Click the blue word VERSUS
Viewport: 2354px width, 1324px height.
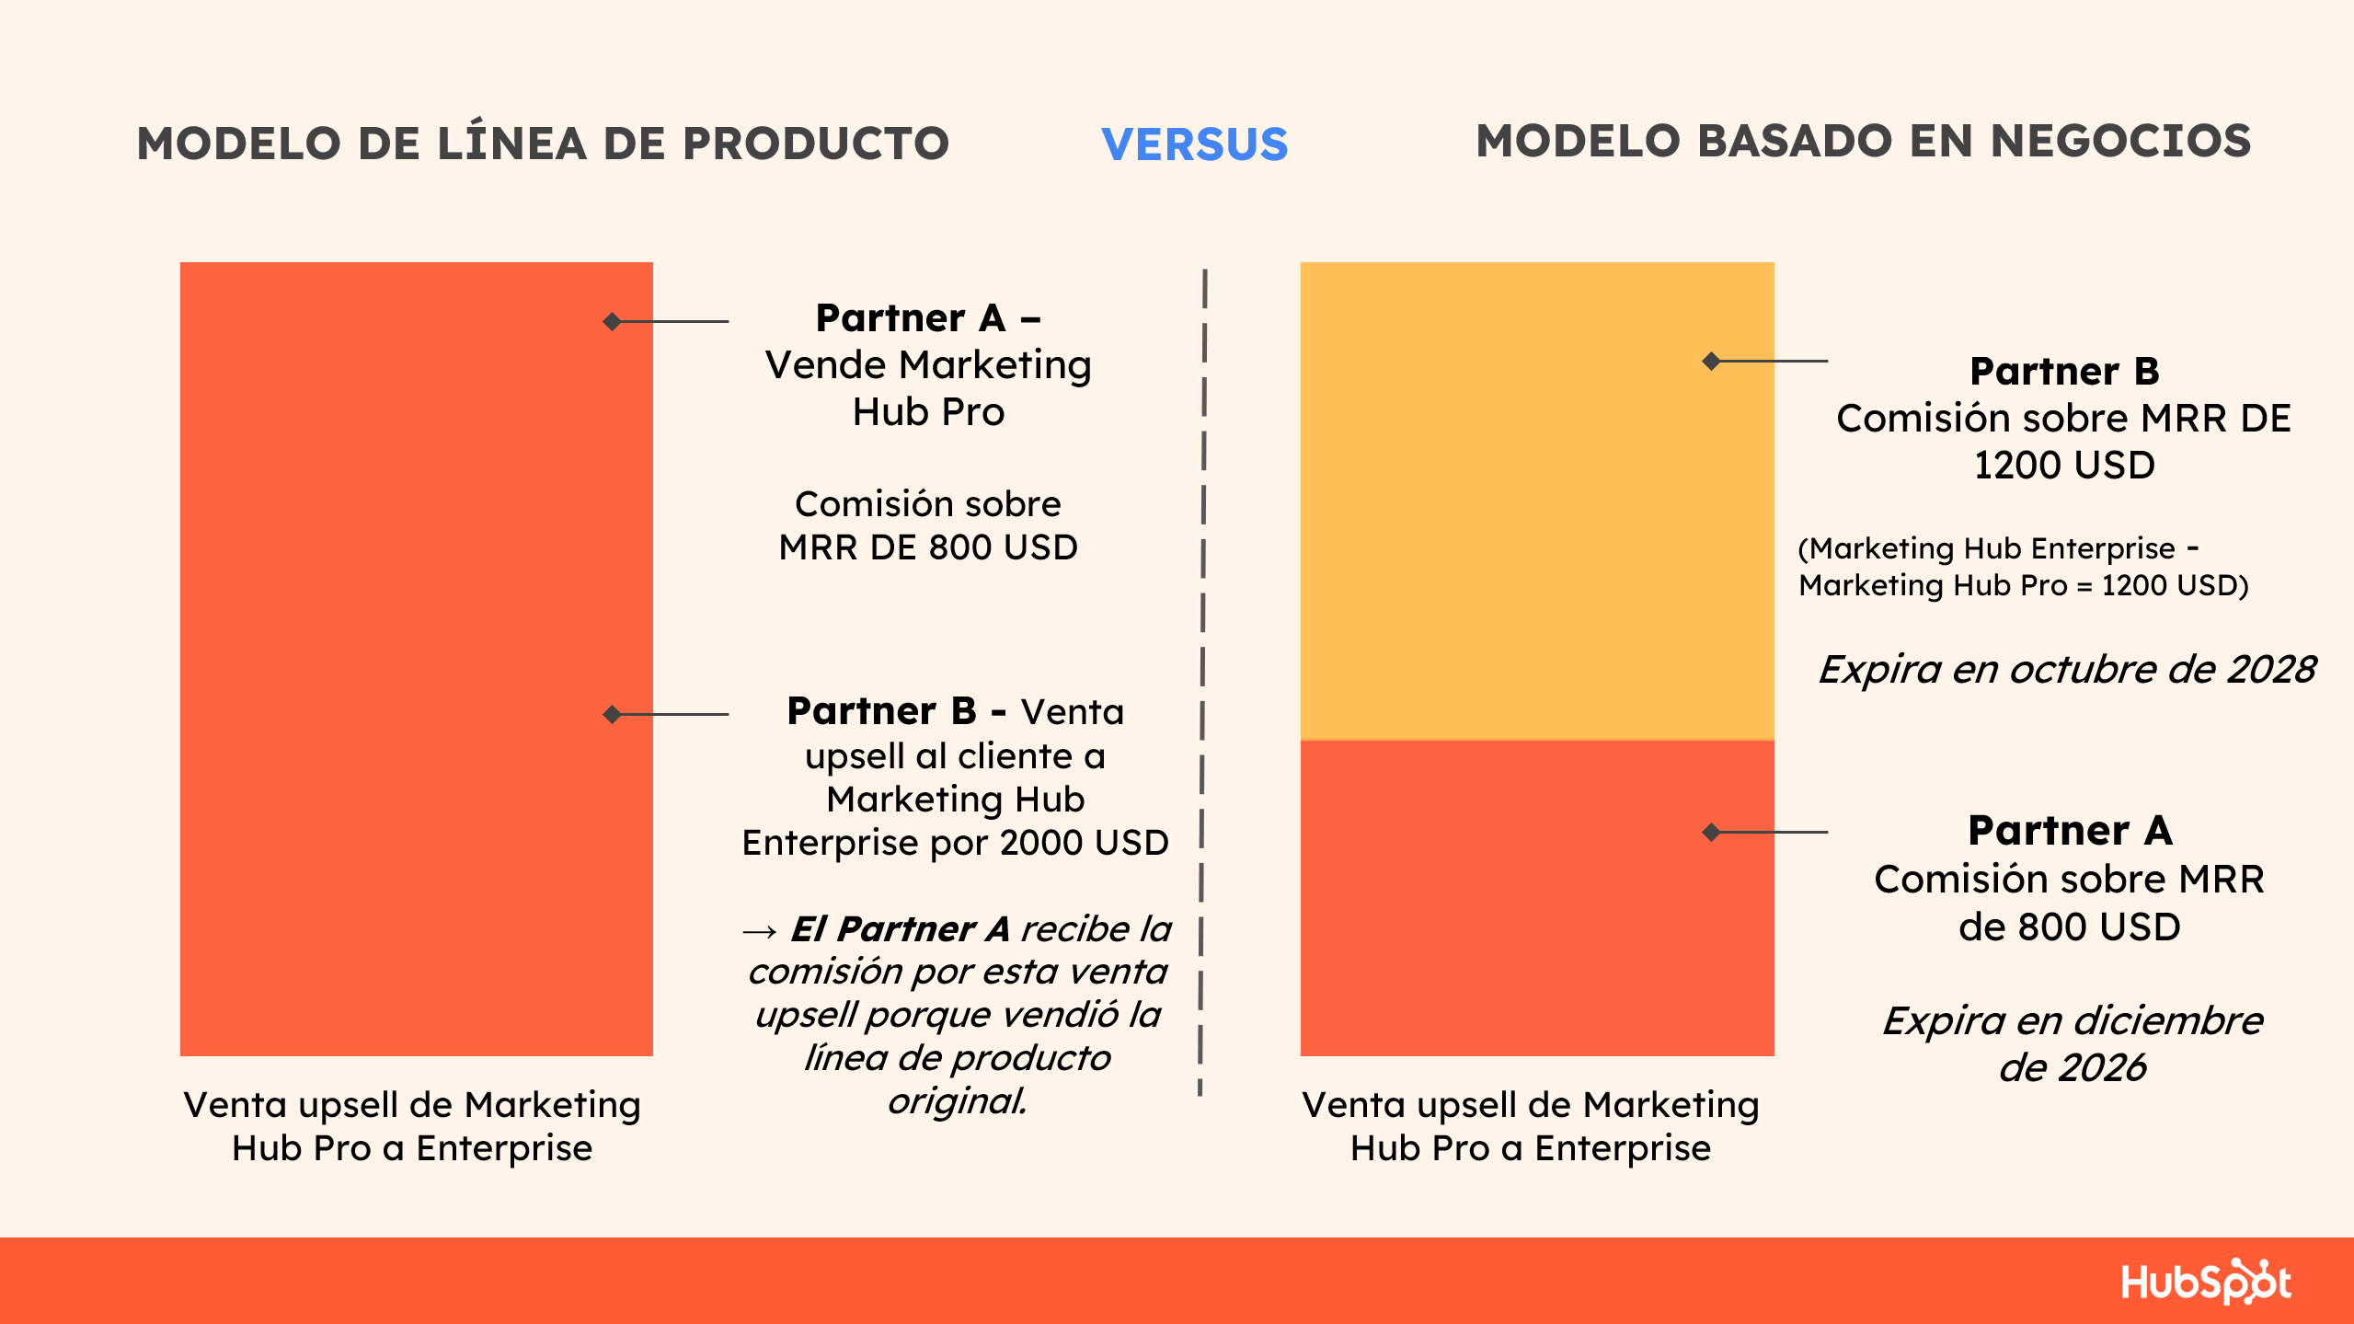click(1194, 144)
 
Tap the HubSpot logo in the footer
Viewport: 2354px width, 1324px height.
click(2206, 1281)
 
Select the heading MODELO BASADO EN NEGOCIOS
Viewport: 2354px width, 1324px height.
click(1863, 141)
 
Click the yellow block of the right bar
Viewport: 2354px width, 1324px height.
click(1536, 501)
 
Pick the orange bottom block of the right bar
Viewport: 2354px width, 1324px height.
click(1536, 898)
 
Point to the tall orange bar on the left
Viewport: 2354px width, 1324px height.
click(416, 659)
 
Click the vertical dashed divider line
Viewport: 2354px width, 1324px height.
click(1202, 682)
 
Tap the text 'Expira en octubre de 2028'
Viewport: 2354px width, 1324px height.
click(2067, 669)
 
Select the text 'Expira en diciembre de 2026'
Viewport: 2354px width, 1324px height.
click(2072, 1043)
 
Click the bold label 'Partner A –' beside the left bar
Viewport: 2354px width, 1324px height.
click(927, 318)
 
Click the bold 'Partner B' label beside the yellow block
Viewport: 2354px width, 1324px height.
click(2064, 371)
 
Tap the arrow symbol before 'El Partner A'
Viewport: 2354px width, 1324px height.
click(760, 931)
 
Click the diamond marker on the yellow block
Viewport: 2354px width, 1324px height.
click(1711, 361)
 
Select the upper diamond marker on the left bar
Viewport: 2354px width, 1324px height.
click(612, 321)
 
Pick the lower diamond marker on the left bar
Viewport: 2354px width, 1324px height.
click(612, 714)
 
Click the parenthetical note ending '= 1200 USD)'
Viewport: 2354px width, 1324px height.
click(2024, 566)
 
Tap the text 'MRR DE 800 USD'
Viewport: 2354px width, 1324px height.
click(928, 547)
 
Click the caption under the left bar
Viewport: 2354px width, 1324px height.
click(412, 1126)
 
